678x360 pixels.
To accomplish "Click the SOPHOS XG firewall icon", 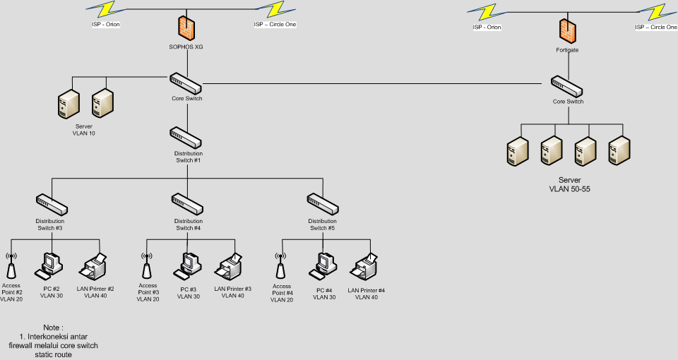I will (x=187, y=28).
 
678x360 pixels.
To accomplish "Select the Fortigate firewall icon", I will (x=567, y=30).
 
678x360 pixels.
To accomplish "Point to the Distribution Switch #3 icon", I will (x=52, y=204).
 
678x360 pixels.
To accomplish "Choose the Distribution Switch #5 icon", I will (x=324, y=204).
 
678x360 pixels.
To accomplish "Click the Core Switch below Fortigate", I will (x=567, y=86).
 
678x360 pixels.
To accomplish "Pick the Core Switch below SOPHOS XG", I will (x=187, y=83).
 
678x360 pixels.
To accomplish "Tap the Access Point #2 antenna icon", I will (x=11, y=267).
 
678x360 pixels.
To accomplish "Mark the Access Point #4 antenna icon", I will (x=281, y=267).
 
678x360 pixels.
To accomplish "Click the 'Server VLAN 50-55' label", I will (x=569, y=185).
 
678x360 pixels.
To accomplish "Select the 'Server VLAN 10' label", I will (x=83, y=130).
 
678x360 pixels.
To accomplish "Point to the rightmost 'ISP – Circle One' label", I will (x=655, y=28).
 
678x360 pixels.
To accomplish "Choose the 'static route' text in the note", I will (x=53, y=354).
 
